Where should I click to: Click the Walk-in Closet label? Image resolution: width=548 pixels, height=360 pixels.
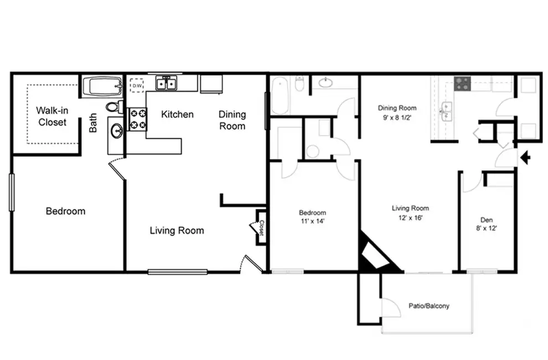pos(52,116)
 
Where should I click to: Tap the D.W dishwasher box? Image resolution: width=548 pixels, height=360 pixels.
pos(137,85)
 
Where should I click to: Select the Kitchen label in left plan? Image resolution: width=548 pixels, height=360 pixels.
pos(177,115)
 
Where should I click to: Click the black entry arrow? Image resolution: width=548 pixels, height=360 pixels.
pos(525,157)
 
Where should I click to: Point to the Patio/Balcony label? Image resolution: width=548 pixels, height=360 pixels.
pos(429,306)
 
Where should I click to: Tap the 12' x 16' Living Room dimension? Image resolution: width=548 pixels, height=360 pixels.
pos(410,218)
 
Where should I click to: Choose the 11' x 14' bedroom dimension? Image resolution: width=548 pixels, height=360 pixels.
pos(312,221)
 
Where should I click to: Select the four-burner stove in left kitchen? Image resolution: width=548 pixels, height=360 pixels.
pos(138,119)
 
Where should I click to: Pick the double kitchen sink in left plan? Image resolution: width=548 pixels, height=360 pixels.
pos(167,84)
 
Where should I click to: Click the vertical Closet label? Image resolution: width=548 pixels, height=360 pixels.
pos(261,228)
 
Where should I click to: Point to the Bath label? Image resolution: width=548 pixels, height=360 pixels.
pos(93,123)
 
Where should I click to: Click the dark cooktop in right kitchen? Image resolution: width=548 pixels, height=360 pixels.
pos(462,84)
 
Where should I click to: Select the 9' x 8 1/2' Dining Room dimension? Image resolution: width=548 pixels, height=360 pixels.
pos(397,117)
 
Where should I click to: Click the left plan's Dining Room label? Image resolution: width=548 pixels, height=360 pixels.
pos(232,120)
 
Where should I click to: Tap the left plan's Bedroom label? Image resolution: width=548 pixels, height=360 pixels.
pos(66,211)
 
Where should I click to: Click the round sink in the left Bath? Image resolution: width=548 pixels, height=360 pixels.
pos(116,132)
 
